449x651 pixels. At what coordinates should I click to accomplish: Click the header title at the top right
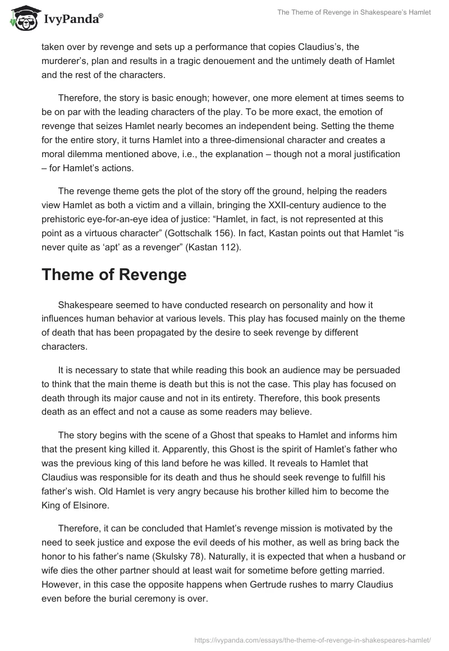(x=355, y=13)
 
